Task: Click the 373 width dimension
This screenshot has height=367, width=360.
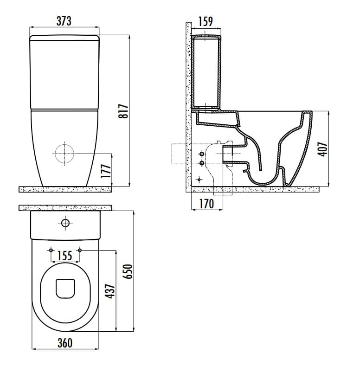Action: coord(64,21)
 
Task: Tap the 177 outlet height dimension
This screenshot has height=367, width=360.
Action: coord(106,171)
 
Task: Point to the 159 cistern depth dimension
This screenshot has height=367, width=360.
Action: coord(206,21)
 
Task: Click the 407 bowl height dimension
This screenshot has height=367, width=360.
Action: coord(322,149)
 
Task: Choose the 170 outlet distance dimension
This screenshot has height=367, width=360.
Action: coord(206,204)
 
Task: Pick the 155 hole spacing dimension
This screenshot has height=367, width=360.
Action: coord(65,256)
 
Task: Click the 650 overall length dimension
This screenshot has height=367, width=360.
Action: coord(129,271)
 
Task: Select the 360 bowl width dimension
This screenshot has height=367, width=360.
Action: coord(65,343)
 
